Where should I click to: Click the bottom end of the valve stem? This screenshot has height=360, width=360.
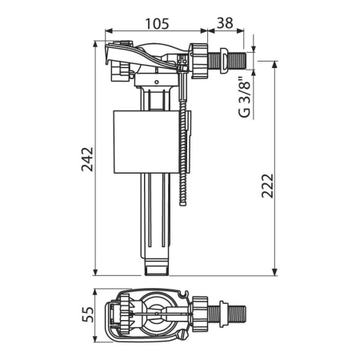(159, 271)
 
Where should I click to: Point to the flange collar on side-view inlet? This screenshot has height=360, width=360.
(217, 60)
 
